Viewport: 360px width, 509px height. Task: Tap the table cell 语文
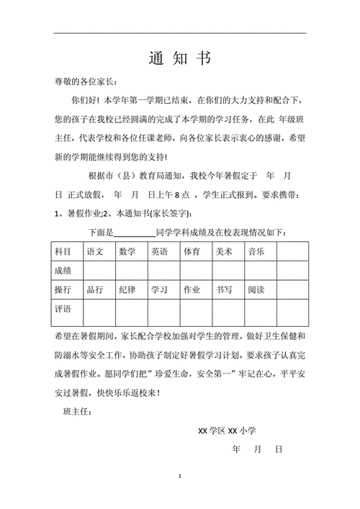tap(95, 251)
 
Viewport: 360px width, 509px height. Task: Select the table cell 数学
tap(127, 251)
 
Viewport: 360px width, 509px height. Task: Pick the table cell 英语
tap(159, 251)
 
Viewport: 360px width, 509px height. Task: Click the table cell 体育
tap(192, 251)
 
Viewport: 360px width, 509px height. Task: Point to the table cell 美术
tap(223, 251)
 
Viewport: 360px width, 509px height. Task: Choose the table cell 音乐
tap(256, 251)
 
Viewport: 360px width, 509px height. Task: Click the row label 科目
tap(63, 251)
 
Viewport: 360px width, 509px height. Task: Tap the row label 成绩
tap(63, 270)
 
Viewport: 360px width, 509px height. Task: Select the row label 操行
tap(63, 289)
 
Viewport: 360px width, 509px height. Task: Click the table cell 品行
tap(95, 289)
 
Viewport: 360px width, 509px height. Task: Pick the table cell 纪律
tap(127, 289)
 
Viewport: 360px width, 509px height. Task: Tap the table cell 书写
tap(223, 289)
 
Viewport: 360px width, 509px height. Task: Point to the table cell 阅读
tap(256, 289)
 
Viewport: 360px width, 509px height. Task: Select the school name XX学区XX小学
tap(228, 431)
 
